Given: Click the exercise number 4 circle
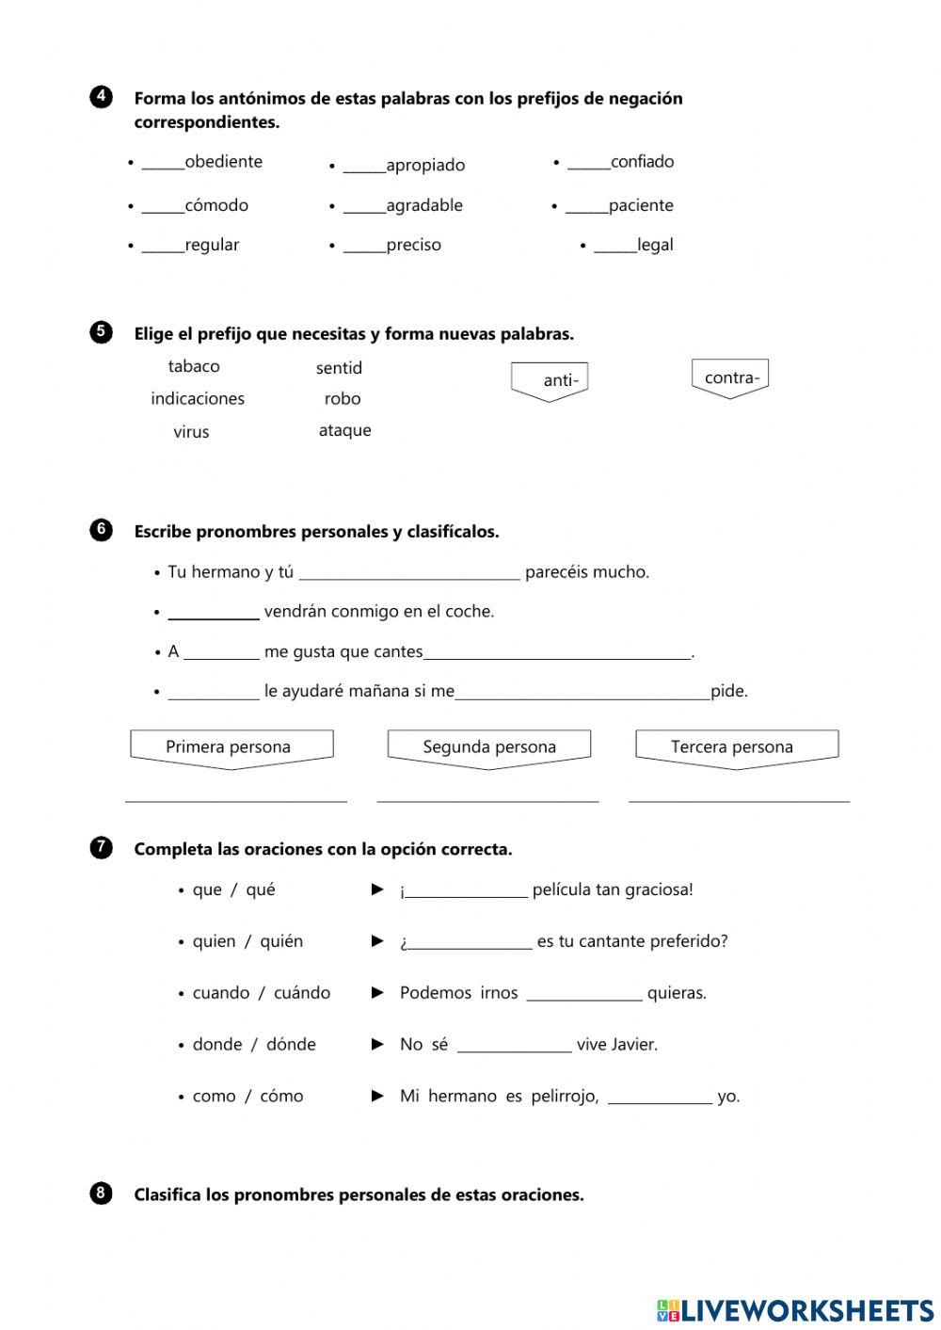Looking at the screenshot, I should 102,97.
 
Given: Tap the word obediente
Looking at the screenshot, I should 223,162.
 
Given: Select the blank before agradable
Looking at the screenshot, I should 364,206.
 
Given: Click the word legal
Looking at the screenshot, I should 655,245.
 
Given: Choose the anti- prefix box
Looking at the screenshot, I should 550,380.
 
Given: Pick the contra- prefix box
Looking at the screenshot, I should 730,377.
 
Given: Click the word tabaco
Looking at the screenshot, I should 194,366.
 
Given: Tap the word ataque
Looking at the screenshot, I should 344,430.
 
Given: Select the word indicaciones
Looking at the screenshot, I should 198,398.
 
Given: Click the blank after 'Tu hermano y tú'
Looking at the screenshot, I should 408,573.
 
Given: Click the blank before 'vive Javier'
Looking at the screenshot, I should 514,1045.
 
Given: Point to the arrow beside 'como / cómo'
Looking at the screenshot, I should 377,1096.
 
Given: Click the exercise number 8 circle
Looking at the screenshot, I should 102,1194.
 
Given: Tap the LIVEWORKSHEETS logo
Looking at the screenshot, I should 795,1310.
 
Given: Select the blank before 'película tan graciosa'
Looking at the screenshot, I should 466,890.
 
